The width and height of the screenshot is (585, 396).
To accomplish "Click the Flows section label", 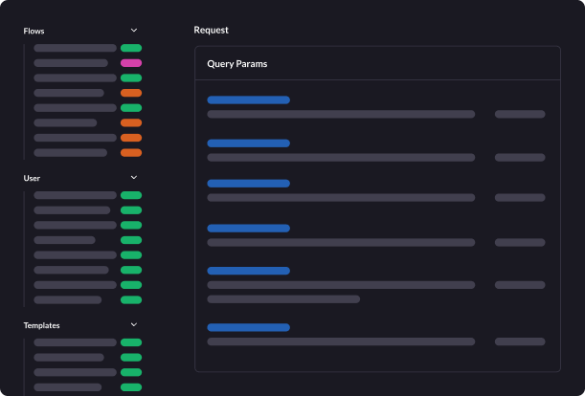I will tap(34, 31).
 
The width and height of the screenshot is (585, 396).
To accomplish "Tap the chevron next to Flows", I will tap(134, 31).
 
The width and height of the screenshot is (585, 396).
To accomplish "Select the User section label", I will tap(32, 178).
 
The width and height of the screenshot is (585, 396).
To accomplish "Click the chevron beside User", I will tap(134, 178).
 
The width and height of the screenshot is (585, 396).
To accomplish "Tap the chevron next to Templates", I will tap(134, 325).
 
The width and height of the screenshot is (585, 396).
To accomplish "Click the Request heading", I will tap(211, 30).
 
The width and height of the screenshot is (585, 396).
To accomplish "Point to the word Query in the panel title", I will tap(221, 64).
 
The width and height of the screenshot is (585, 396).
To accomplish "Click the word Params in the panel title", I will tap(253, 64).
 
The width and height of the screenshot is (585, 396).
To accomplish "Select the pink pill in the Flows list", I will tap(131, 63).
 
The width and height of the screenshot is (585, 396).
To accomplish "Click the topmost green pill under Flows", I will tap(131, 48).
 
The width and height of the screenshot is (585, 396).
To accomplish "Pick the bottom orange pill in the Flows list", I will tap(131, 153).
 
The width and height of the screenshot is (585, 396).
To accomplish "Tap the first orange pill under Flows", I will tap(131, 93).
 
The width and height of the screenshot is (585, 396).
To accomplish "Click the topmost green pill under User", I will tap(131, 195).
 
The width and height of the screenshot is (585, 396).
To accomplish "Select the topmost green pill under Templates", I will tap(131, 342).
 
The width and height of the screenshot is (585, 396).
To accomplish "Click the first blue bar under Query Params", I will tap(248, 99).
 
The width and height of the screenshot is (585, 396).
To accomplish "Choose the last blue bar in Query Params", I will tap(248, 327).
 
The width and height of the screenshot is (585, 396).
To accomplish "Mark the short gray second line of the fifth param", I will tap(283, 299).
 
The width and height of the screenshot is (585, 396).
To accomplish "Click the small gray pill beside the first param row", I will tap(520, 114).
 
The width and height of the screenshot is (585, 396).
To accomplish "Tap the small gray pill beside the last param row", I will tap(520, 341).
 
